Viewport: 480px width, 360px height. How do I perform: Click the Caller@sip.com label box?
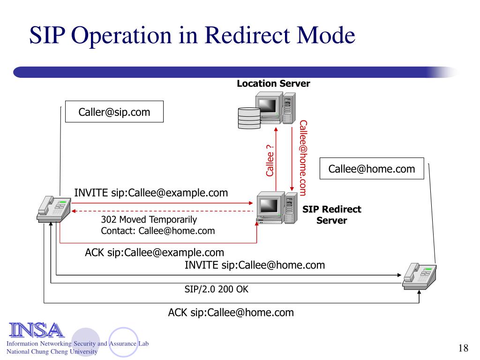(114, 112)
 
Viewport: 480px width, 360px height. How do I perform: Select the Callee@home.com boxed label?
(372, 169)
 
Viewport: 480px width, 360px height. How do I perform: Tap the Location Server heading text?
(273, 83)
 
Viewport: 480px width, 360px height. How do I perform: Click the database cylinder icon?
(249, 118)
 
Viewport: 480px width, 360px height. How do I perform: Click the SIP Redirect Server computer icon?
(277, 208)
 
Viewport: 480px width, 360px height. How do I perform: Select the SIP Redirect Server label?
(332, 215)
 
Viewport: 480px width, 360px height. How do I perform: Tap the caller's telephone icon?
(54, 209)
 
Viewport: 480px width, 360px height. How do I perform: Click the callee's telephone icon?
(420, 277)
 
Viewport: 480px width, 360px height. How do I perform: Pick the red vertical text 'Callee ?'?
(270, 160)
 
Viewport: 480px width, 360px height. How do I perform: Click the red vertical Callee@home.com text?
(303, 157)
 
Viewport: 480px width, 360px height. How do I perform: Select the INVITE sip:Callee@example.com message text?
(151, 193)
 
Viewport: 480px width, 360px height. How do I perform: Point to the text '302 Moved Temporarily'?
(149, 219)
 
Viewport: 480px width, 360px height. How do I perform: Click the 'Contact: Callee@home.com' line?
(158, 231)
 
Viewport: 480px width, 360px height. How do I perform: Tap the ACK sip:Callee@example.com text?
(154, 253)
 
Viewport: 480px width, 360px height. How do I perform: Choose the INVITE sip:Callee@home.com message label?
(255, 265)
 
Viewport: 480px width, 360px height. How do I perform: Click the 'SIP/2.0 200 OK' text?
(217, 289)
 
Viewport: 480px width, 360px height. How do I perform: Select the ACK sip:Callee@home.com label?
(231, 313)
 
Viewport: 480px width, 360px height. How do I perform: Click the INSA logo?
(37, 330)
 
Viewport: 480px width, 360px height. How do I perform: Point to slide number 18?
(464, 348)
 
